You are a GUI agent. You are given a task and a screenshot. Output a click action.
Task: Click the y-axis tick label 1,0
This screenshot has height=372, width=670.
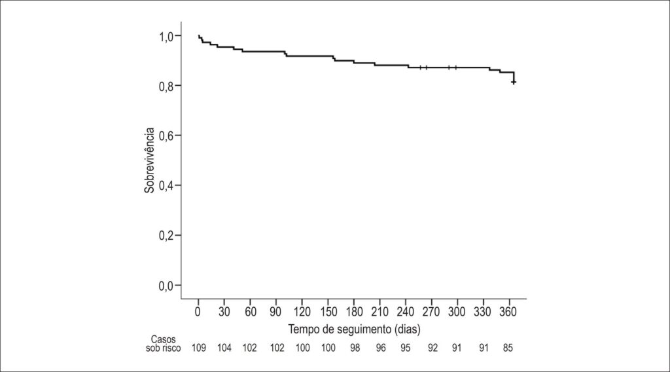click(x=167, y=37)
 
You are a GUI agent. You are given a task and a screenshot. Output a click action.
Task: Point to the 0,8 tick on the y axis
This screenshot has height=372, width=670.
click(x=167, y=86)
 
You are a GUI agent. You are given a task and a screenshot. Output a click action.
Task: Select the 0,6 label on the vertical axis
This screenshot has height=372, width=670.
click(x=167, y=136)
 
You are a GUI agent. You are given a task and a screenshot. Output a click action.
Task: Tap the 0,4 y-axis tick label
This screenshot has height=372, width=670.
click(x=167, y=186)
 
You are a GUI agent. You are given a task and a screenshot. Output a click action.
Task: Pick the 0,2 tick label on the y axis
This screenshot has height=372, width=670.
click(x=167, y=236)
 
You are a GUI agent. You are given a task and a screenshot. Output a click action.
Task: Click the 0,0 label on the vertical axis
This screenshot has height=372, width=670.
click(x=167, y=286)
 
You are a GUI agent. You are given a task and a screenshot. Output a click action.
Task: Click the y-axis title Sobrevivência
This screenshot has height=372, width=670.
click(x=149, y=160)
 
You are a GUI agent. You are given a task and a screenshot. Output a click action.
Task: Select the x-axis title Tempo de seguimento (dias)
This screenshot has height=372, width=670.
click(x=354, y=329)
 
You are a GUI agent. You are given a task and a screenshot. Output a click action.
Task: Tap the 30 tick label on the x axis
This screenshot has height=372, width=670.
click(x=224, y=312)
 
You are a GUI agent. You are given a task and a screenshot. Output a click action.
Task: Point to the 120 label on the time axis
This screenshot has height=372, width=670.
click(x=302, y=312)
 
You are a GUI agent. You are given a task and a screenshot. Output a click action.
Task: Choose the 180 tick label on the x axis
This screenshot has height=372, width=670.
click(x=354, y=312)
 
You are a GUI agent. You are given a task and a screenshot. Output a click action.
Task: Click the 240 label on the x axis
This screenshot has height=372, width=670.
click(x=405, y=312)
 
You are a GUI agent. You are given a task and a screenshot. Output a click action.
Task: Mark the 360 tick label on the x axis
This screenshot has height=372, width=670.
click(x=508, y=312)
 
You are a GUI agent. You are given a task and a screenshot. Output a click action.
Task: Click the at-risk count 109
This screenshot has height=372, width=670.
click(x=199, y=348)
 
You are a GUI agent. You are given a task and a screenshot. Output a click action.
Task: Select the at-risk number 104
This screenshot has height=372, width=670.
click(x=224, y=348)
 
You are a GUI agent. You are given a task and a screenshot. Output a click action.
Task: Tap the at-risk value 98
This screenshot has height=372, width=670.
click(x=355, y=348)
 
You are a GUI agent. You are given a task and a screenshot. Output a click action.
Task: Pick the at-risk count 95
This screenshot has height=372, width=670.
click(x=405, y=348)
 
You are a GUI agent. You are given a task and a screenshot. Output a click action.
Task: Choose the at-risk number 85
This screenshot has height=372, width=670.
click(x=508, y=348)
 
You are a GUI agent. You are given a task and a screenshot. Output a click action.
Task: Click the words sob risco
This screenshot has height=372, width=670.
click(x=163, y=348)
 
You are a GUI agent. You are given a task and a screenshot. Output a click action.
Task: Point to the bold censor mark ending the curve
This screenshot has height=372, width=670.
click(x=514, y=82)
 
